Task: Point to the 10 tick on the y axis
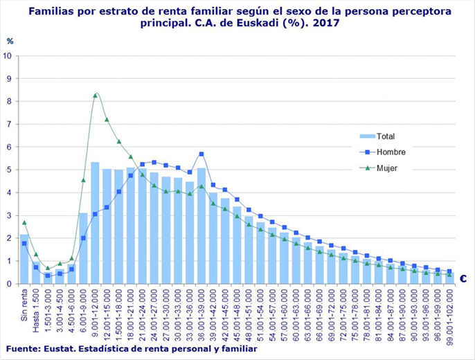8,55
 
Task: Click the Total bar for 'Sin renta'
24,260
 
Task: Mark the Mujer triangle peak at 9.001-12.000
96,94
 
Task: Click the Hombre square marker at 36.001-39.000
201,154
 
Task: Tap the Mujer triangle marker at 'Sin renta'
24,222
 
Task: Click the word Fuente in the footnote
21,348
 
